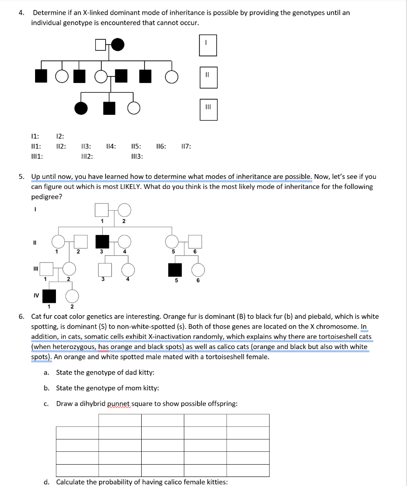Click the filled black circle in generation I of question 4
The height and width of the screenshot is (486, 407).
(118, 45)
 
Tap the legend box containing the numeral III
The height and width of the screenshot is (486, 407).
(208, 107)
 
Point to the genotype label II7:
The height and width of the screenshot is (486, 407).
(186, 147)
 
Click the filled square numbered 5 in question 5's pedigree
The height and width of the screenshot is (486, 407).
(175, 269)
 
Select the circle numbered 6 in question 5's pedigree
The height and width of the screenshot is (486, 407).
(198, 269)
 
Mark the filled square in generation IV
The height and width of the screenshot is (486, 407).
(49, 296)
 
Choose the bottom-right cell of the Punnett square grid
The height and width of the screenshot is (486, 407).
(247, 470)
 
